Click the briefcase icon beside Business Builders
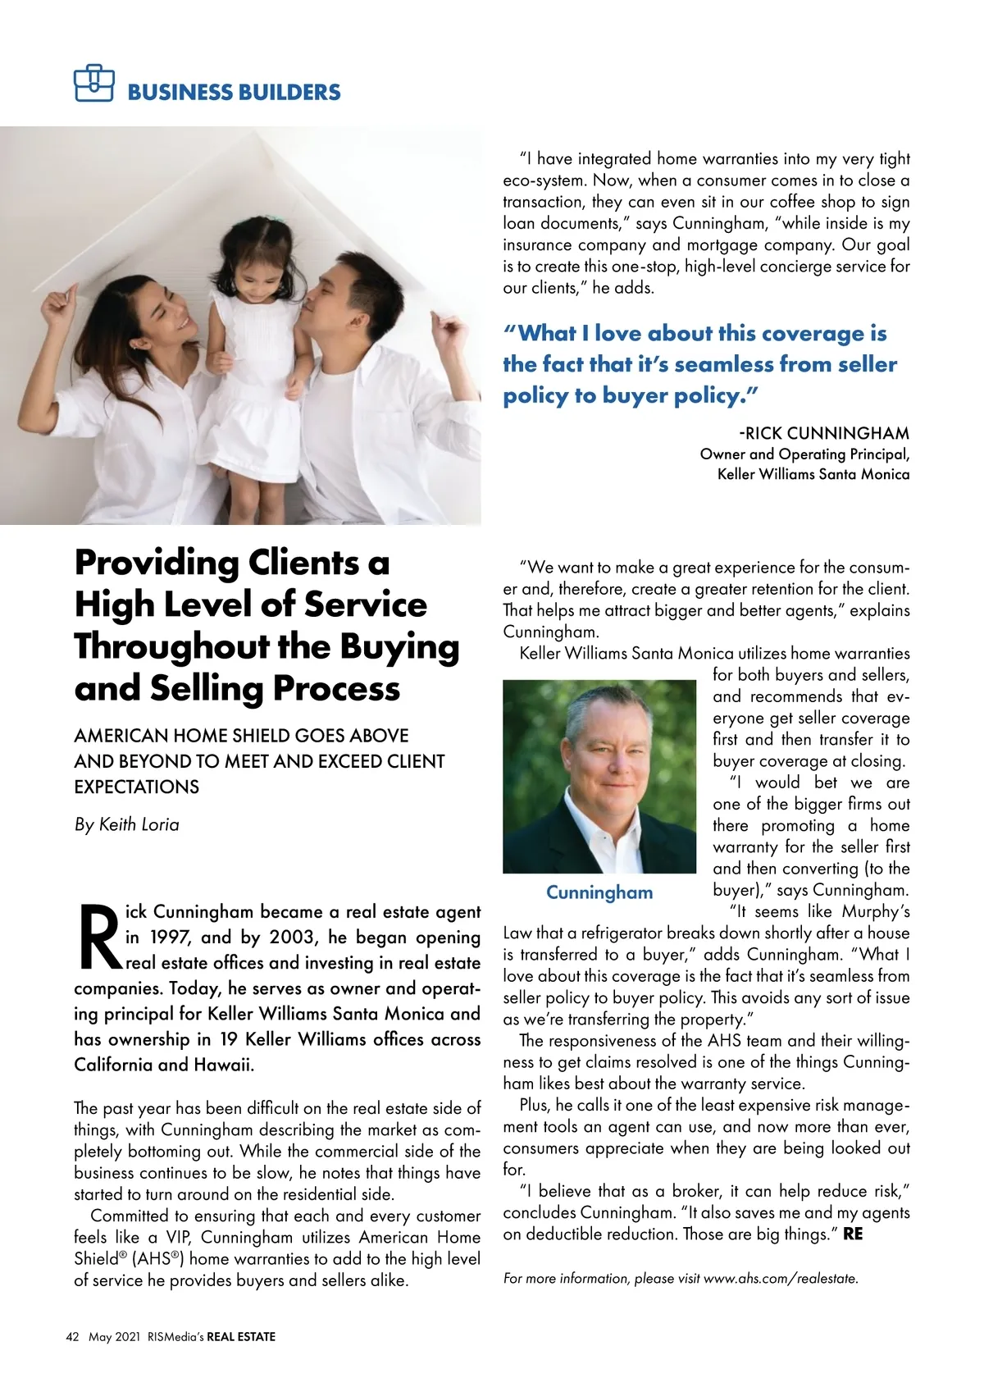(x=93, y=83)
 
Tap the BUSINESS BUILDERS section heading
(x=234, y=92)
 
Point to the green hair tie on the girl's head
(x=271, y=221)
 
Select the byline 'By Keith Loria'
(x=126, y=824)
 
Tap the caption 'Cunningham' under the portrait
(x=599, y=892)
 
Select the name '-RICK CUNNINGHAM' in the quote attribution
(x=823, y=433)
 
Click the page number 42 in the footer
(x=72, y=1337)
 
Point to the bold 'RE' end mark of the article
(x=853, y=1234)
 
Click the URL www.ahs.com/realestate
(x=781, y=1278)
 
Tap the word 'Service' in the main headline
(x=365, y=605)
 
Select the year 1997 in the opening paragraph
(x=170, y=937)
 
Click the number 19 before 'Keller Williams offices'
(x=228, y=1039)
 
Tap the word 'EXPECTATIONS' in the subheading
(x=136, y=787)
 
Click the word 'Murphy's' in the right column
(x=874, y=911)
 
